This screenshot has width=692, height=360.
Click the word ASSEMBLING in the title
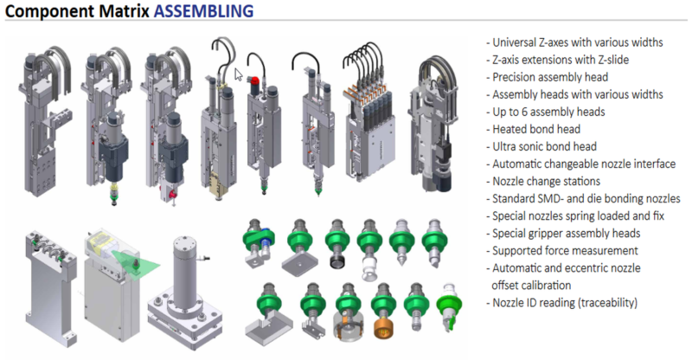pos(203,11)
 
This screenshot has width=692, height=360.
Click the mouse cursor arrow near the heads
pos(239,74)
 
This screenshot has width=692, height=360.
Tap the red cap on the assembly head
pos(254,80)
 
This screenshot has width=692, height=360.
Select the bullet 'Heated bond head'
pos(533,129)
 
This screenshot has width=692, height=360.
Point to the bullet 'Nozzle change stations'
pos(543,181)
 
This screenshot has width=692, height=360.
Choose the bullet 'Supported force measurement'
pos(562,250)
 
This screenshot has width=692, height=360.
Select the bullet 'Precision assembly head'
pos(548,77)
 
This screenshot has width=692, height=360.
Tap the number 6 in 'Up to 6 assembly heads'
pos(524,112)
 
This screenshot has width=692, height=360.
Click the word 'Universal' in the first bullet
pos(514,42)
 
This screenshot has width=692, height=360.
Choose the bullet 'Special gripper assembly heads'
pos(563,234)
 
